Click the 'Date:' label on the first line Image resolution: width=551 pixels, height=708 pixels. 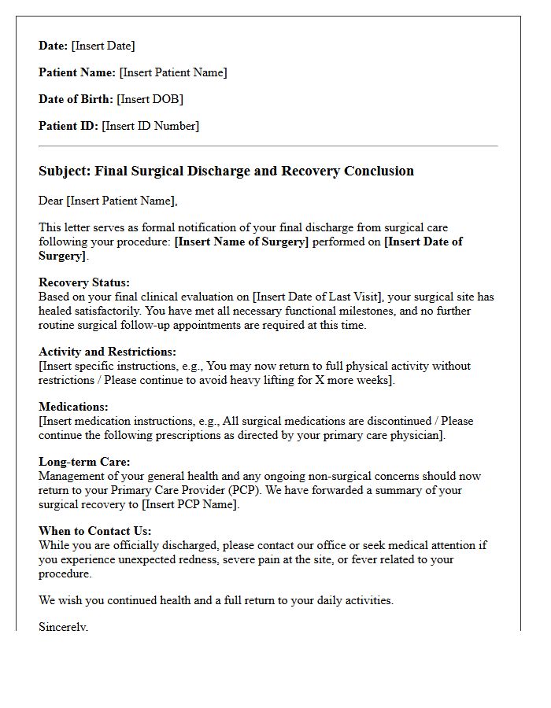pyautogui.click(x=54, y=46)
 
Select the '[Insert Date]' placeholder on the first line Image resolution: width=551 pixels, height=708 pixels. pyautogui.click(x=103, y=46)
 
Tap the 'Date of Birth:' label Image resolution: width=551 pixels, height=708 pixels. pyautogui.click(x=76, y=99)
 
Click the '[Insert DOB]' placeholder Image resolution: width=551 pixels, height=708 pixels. pyautogui.click(x=150, y=99)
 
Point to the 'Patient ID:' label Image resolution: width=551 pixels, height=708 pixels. pyautogui.click(x=68, y=126)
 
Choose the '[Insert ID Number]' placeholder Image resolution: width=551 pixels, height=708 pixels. pyautogui.click(x=150, y=126)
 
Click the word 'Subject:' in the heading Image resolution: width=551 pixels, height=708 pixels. pyautogui.click(x=65, y=171)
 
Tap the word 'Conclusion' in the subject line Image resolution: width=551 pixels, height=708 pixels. pyautogui.click(x=376, y=171)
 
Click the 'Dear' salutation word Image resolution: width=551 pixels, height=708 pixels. pyautogui.click(x=51, y=201)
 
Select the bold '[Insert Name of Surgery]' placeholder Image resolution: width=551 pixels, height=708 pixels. pyautogui.click(x=241, y=242)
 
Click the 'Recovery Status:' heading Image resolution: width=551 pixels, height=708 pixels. pyautogui.click(x=84, y=283)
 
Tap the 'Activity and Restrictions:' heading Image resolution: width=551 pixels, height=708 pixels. pyautogui.click(x=107, y=352)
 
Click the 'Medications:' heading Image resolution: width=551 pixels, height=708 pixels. pyautogui.click(x=73, y=407)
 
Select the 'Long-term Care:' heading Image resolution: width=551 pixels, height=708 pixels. pyautogui.click(x=84, y=462)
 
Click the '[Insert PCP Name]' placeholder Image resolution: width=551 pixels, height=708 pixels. pyautogui.click(x=190, y=504)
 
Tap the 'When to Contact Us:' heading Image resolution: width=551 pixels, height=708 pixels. pyautogui.click(x=95, y=531)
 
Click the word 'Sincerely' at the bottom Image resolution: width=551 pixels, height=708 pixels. pyautogui.click(x=63, y=627)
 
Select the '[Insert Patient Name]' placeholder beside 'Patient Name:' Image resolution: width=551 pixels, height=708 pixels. pyautogui.click(x=173, y=72)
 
